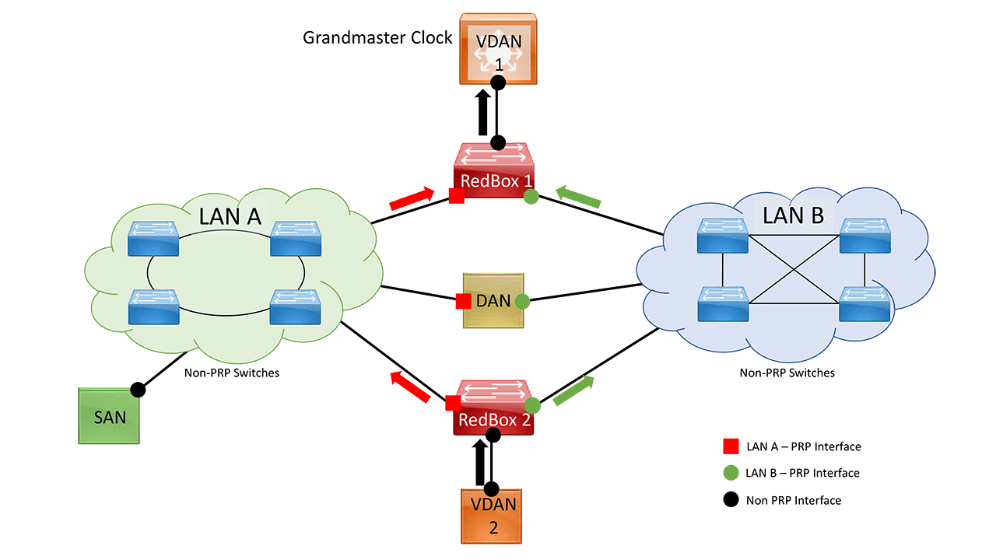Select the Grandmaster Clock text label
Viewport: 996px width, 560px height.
pos(377,37)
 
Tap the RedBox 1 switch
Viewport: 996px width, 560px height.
pos(496,171)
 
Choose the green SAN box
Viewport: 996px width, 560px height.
pos(109,417)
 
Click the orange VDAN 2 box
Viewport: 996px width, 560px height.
pos(491,515)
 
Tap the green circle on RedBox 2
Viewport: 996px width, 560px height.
pos(532,405)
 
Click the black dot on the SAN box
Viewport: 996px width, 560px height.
pos(138,388)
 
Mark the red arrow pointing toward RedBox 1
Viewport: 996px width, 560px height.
pos(412,199)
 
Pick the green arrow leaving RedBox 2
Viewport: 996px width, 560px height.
pos(573,390)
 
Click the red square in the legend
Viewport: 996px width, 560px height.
pos(731,446)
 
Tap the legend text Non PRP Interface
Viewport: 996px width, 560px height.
pos(793,500)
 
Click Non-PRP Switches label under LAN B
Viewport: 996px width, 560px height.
pos(787,373)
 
